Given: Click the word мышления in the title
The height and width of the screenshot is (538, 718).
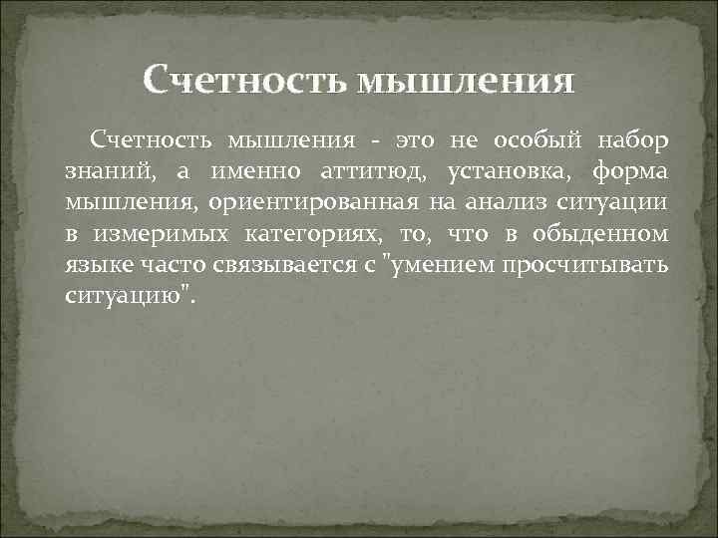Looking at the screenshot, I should pos(464,79).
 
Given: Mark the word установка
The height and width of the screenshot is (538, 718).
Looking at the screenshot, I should pos(508,171).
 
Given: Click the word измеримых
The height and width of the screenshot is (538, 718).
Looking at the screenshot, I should pos(149,237).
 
